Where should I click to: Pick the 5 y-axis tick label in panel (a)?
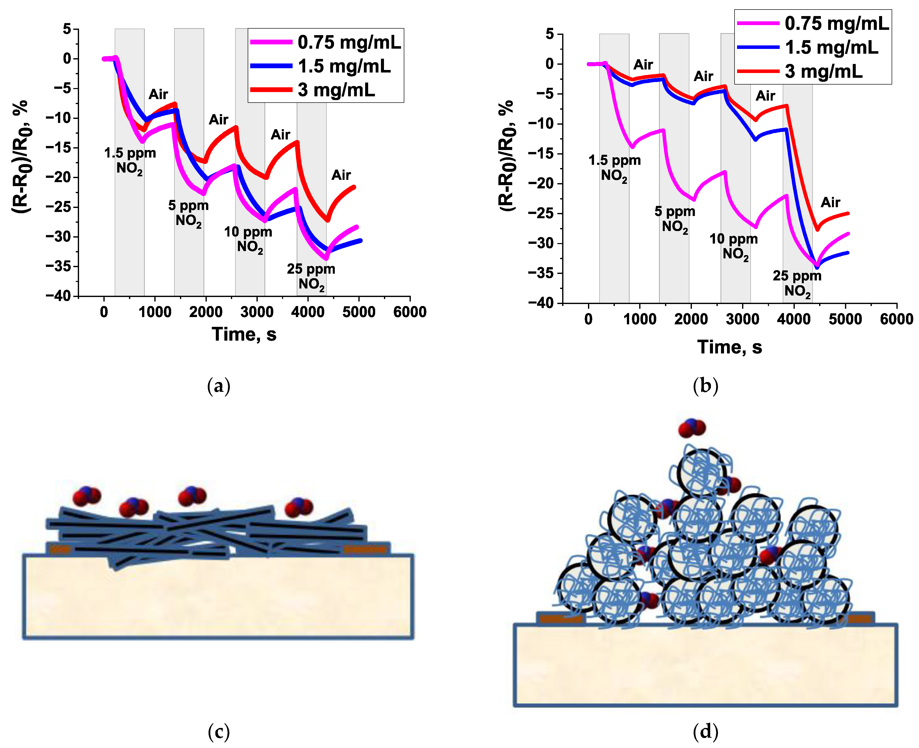[x=67, y=29]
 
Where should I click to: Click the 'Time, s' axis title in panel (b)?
[x=729, y=347]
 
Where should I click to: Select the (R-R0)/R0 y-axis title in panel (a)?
[x=21, y=157]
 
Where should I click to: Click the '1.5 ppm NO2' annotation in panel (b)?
[x=614, y=168]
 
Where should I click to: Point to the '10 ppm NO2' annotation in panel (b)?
[x=734, y=246]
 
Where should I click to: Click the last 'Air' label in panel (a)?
[x=341, y=175]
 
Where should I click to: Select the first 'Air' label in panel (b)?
[x=643, y=65]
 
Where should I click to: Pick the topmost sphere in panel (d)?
[x=703, y=473]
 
